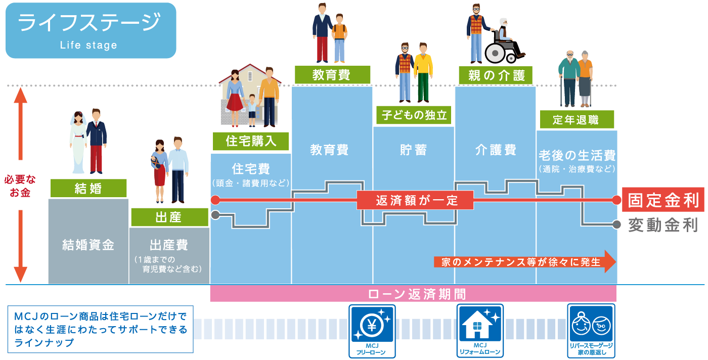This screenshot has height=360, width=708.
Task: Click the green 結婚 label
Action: (x=88, y=189)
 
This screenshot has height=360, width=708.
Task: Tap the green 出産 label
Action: (x=169, y=217)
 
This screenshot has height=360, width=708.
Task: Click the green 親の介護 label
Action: (x=496, y=76)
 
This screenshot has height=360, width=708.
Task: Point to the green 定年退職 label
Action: (x=576, y=120)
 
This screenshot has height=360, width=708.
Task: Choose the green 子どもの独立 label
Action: (x=413, y=115)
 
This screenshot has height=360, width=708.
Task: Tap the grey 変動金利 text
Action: (x=662, y=225)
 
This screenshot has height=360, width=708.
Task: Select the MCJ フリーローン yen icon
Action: (x=373, y=324)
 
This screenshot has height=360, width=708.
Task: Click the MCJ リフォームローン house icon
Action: (x=480, y=324)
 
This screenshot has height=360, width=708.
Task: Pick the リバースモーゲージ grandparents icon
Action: (x=591, y=324)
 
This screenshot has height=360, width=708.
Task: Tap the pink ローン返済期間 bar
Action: (x=413, y=294)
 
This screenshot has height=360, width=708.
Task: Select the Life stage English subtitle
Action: (x=88, y=46)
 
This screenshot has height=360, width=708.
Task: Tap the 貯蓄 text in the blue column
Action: (x=413, y=150)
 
